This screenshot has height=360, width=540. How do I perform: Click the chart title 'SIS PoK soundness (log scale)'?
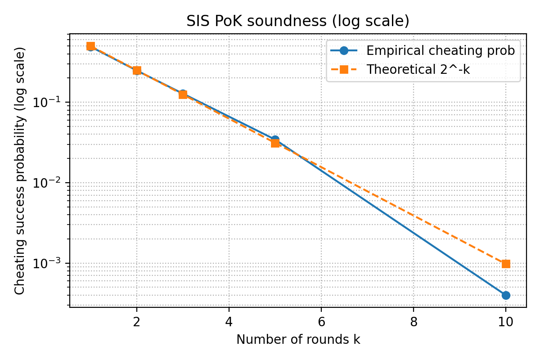[x=298, y=22]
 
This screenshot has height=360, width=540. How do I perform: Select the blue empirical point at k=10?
[x=506, y=295]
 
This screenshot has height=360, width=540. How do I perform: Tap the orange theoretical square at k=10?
[x=506, y=264]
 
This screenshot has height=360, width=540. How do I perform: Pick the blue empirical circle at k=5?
[x=275, y=140]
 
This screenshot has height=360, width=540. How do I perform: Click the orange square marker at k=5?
[x=275, y=143]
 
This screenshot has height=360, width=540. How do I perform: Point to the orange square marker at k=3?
[x=183, y=94]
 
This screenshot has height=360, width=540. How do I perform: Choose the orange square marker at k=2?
[x=137, y=71]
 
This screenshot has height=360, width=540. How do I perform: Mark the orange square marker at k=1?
[x=90, y=46]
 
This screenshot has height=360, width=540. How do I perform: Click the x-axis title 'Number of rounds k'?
[x=298, y=340]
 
